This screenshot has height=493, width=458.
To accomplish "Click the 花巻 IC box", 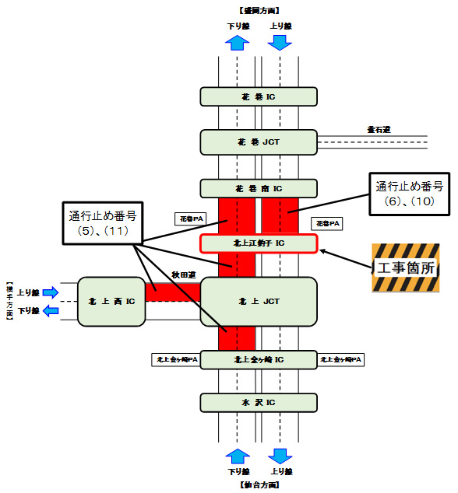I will pyautogui.click(x=259, y=96).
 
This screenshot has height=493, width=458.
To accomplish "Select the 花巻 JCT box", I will pyautogui.click(x=259, y=142).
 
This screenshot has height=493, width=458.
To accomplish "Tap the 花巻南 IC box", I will pyautogui.click(x=259, y=188).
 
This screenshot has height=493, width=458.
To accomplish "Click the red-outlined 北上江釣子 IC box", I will pyautogui.click(x=259, y=243).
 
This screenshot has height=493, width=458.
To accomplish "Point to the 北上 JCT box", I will pyautogui.click(x=259, y=301).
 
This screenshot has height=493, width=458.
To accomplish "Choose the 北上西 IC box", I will pyautogui.click(x=111, y=301).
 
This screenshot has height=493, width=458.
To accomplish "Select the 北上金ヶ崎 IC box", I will pyautogui.click(x=259, y=360).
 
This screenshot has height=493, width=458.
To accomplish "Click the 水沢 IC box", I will pyautogui.click(x=259, y=402).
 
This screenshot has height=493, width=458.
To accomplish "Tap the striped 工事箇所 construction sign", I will pyautogui.click(x=405, y=268).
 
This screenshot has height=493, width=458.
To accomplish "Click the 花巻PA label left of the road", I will pyautogui.click(x=187, y=219).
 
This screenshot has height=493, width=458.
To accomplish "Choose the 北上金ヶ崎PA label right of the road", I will pyautogui.click(x=340, y=360).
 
